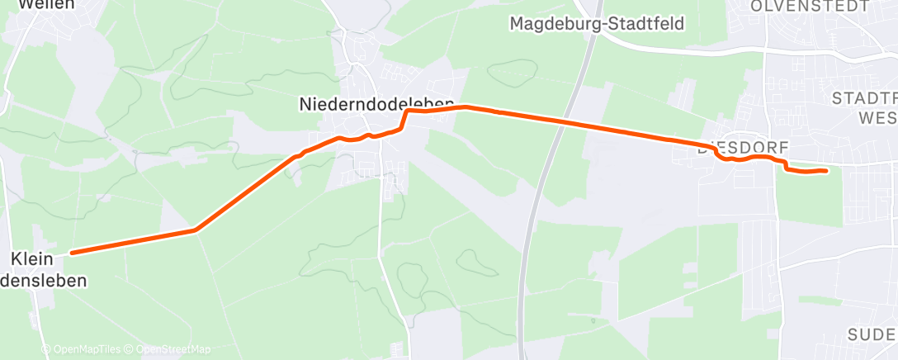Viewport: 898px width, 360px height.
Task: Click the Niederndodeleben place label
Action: (x=376, y=103)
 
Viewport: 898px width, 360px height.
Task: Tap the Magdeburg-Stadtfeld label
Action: (x=597, y=23)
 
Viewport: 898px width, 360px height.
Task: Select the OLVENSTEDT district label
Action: (x=809, y=6)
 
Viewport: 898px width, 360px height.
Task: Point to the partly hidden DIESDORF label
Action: (x=743, y=149)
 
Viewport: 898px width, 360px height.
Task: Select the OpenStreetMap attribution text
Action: (x=173, y=349)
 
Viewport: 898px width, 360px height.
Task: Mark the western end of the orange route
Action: (x=72, y=253)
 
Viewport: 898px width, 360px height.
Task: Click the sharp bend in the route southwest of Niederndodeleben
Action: (x=195, y=230)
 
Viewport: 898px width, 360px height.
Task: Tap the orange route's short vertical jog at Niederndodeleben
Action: (x=404, y=119)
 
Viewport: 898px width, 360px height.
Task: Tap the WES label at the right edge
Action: (x=877, y=118)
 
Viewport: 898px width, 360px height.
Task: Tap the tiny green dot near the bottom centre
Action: (x=593, y=320)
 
